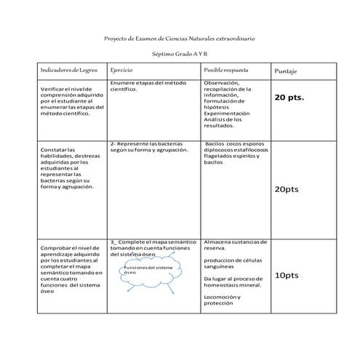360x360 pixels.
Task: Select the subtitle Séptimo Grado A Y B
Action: pyautogui.click(x=180, y=55)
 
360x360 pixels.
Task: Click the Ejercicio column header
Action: pyautogui.click(x=121, y=71)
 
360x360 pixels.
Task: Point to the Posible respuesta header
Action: pyautogui.click(x=226, y=71)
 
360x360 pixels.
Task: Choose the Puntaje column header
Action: pyautogui.click(x=287, y=71)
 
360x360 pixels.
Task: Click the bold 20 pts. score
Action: pyautogui.click(x=289, y=96)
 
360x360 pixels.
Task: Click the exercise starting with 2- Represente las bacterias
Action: pyautogui.click(x=149, y=147)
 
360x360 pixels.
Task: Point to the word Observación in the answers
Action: pyautogui.click(x=227, y=84)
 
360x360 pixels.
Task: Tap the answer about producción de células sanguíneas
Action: pyautogui.click(x=229, y=263)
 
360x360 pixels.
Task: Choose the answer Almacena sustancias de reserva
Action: pyautogui.click(x=236, y=244)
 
